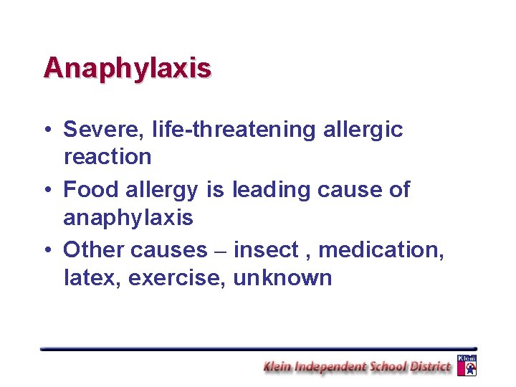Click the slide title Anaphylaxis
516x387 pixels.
(127, 68)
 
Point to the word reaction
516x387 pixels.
(107, 156)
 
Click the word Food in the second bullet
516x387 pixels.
(91, 190)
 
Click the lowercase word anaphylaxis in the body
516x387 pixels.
(128, 217)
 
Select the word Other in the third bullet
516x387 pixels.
(93, 250)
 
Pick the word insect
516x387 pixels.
(265, 250)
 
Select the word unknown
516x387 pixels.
(282, 277)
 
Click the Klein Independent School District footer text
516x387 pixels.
(357, 367)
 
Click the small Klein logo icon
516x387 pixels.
(467, 365)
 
